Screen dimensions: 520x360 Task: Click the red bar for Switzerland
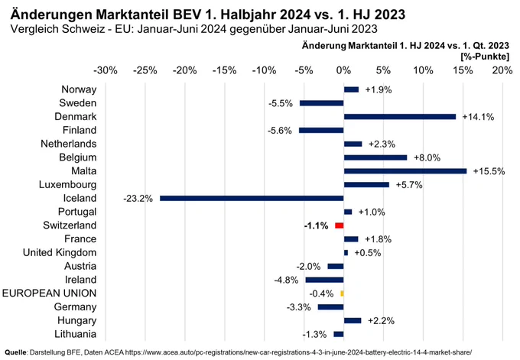[340, 225]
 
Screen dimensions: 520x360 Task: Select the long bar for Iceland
[252, 198]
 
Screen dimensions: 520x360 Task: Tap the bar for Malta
[405, 171]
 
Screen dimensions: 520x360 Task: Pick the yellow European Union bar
[343, 294]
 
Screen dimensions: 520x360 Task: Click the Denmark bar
[400, 117]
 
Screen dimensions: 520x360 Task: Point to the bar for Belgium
[375, 157]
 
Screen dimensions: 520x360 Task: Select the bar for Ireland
[325, 280]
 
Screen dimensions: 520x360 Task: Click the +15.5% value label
[489, 171]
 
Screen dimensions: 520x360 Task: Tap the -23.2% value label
[138, 199]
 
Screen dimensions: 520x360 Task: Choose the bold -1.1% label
[316, 225]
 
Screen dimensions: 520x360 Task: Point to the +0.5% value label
[368, 253]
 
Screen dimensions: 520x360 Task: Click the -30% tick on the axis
[106, 70]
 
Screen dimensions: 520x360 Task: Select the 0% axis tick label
[343, 70]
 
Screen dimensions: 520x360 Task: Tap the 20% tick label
[502, 70]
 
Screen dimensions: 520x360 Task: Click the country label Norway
[79, 89]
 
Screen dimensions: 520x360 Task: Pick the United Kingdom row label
[60, 252]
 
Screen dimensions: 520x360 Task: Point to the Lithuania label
[75, 334]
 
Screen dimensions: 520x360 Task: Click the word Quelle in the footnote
[15, 352]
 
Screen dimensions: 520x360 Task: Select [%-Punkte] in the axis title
[485, 57]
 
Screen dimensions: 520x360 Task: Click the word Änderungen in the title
[51, 15]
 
